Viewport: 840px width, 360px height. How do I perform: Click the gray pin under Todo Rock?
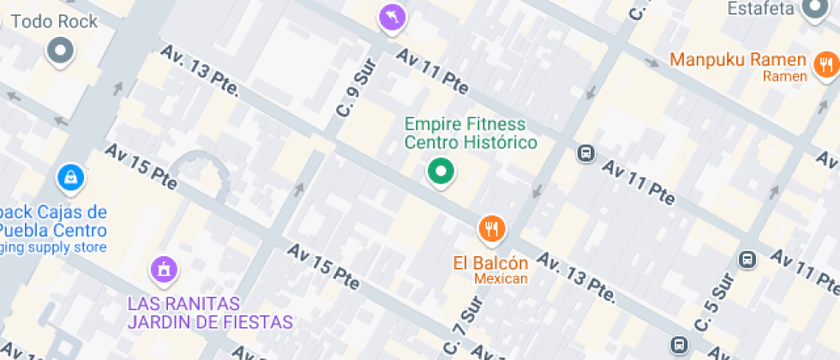tap(61, 50)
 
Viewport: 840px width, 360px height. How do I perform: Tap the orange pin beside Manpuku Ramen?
tap(825, 65)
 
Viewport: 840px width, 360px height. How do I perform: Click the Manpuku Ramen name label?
tap(738, 60)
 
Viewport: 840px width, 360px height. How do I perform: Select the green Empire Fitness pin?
tap(441, 171)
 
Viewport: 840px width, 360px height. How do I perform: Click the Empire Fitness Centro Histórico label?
tap(471, 133)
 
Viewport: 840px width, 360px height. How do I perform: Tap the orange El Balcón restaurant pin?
tap(491, 228)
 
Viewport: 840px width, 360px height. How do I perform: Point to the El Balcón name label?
tap(490, 262)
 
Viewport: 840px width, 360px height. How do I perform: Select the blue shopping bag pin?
tap(69, 177)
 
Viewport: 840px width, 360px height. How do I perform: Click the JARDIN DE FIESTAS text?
tap(210, 322)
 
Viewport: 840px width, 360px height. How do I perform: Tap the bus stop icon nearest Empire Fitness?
tap(586, 153)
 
